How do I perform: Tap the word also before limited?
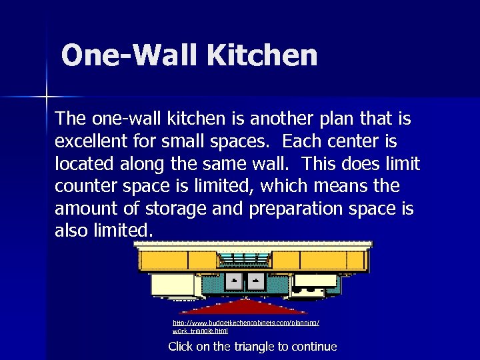[x=73, y=231]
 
